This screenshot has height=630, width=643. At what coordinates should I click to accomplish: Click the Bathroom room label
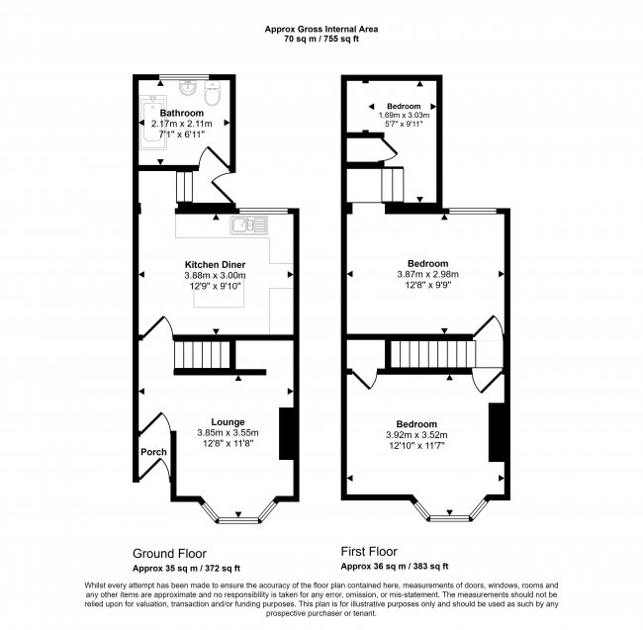(182, 114)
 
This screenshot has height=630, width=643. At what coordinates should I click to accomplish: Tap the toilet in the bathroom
(212, 96)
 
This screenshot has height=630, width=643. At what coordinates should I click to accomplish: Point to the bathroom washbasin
(187, 90)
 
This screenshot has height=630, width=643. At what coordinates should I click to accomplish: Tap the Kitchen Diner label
(215, 264)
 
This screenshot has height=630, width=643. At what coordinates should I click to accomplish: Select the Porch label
(153, 453)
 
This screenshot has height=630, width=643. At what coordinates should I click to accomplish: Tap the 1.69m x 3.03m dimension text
(404, 116)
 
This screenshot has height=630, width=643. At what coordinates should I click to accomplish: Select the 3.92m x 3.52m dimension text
(417, 434)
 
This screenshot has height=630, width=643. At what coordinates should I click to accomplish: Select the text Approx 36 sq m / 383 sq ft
(395, 567)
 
